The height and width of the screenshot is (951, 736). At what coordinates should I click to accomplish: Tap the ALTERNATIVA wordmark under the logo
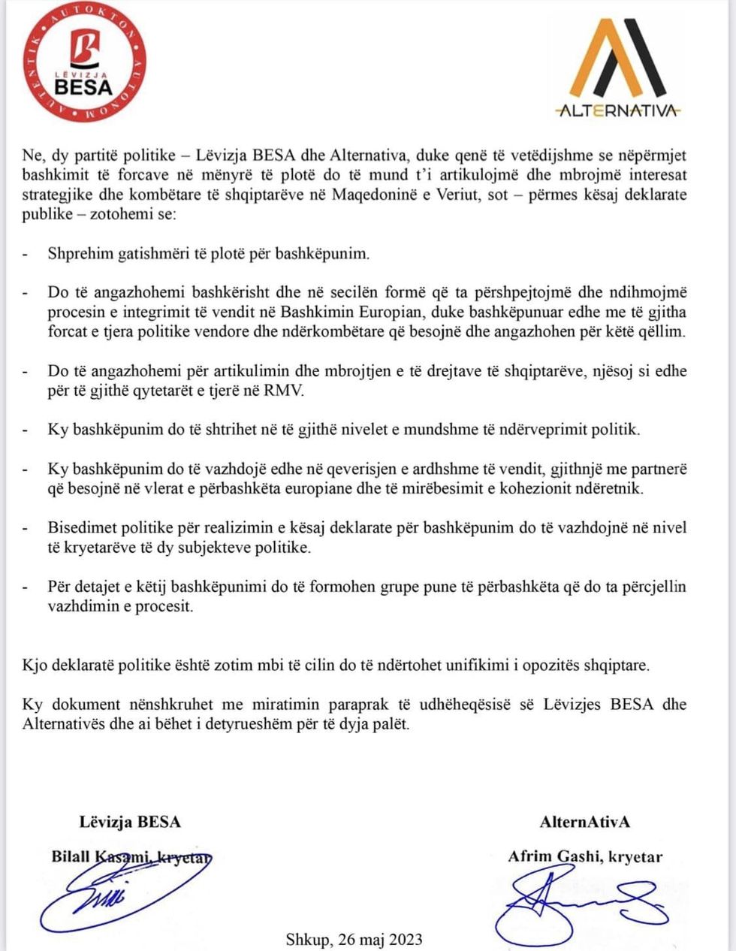618,111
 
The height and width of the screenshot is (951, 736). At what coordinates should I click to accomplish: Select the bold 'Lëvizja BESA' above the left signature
130,821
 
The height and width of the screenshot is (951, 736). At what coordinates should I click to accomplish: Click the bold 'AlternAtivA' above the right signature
585,821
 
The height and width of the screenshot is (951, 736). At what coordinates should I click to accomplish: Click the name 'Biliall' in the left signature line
70,856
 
